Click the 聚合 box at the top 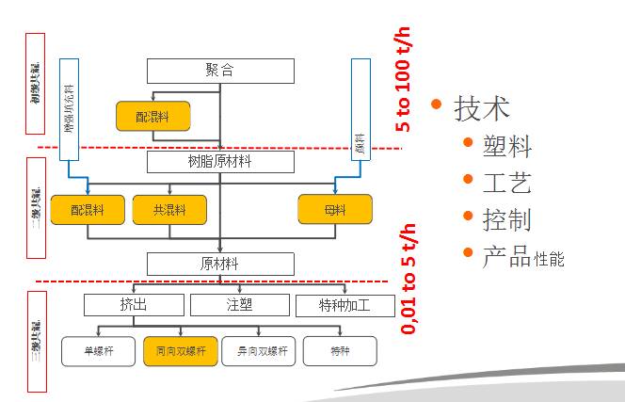coord(220,71)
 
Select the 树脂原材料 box coord(220,162)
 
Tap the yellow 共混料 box coord(169,210)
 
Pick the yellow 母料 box coord(334,210)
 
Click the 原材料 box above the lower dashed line coord(220,263)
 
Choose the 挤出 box coord(133,305)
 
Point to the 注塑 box coord(240,305)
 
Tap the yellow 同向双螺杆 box coord(180,351)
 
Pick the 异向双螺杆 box coord(260,351)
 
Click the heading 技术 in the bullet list coord(482,108)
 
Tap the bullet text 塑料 coord(506,147)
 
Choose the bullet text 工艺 coord(506,183)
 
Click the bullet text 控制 coord(506,218)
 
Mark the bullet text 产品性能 coord(523,255)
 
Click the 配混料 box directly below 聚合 coord(152,117)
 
